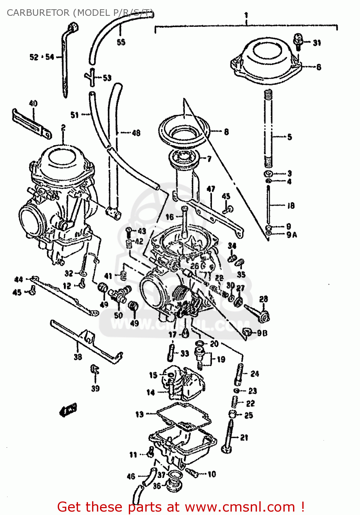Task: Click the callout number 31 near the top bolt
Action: pos(317,43)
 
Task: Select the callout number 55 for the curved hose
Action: pos(121,42)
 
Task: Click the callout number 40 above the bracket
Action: pos(33,103)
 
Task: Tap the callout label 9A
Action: pos(292,235)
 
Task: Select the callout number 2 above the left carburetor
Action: pos(63,128)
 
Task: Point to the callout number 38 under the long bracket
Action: pos(78,357)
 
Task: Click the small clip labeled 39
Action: pos(95,370)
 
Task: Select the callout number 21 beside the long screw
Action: pos(244,437)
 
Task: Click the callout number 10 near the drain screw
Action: pos(212,474)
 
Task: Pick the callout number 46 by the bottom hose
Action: pos(131,476)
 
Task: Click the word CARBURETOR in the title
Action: pos(38,13)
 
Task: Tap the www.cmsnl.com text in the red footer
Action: pos(240,507)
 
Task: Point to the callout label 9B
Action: pos(262,333)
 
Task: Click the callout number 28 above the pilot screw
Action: pos(263,299)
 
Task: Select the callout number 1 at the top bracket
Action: pos(246,15)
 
